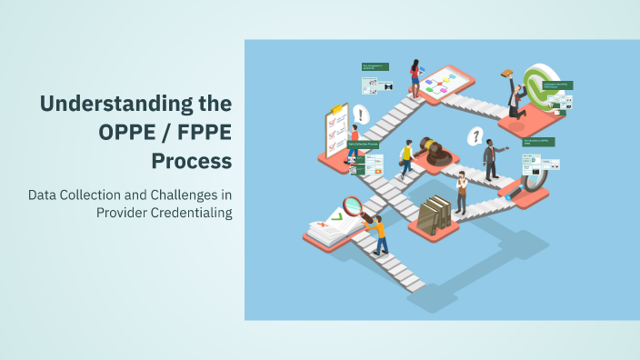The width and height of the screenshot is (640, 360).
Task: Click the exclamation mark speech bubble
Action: point(362,115)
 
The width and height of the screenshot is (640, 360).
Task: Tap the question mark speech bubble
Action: point(474,137)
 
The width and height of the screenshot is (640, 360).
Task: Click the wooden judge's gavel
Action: point(436,152)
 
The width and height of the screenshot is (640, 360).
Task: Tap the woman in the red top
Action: point(415,76)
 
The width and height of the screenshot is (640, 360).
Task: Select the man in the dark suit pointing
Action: point(491,160)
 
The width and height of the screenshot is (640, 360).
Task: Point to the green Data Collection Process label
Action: point(363,144)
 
